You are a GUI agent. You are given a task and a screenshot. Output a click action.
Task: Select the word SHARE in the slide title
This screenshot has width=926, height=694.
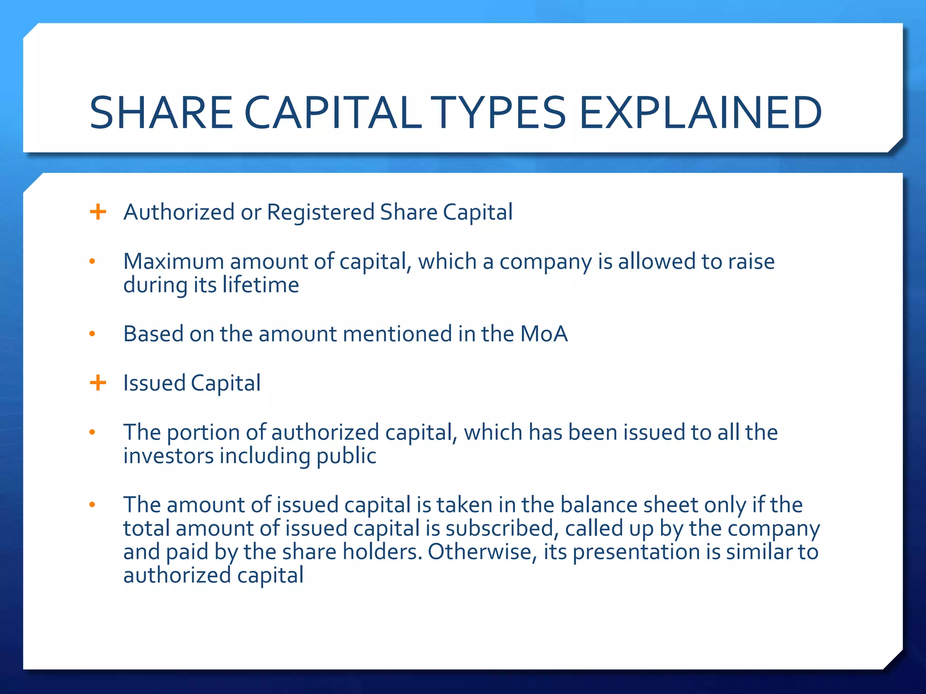161,113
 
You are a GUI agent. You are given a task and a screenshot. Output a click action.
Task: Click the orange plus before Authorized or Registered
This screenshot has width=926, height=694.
98,211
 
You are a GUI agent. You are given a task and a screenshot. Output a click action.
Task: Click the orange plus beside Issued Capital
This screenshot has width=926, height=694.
98,383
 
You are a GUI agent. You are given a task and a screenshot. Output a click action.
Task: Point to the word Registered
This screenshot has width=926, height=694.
321,212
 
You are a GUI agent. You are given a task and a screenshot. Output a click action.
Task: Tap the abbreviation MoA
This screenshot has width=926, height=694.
543,334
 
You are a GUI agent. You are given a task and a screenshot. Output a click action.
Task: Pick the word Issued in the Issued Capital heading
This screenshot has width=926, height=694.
154,383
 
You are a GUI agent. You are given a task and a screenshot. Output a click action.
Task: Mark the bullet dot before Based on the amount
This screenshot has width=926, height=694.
93,334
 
